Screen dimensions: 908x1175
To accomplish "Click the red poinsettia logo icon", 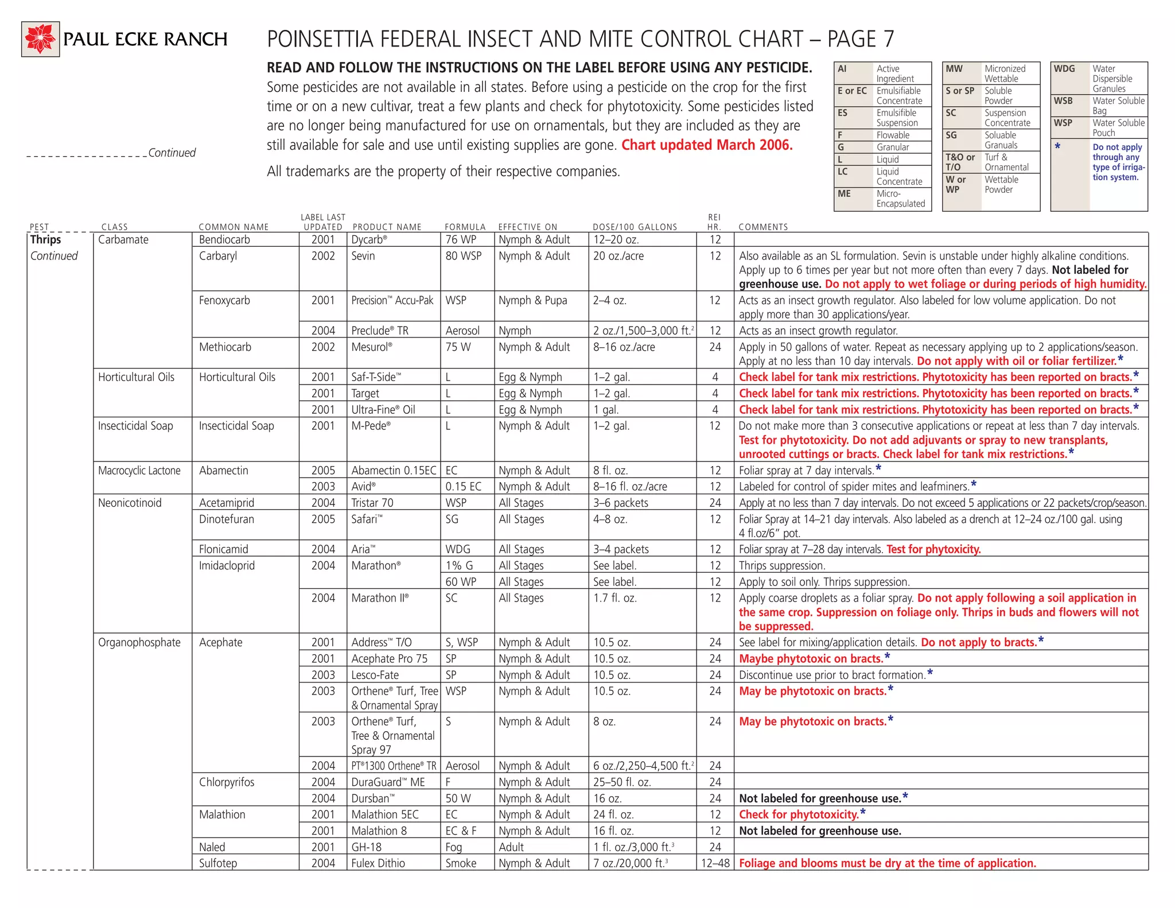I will pos(40,39).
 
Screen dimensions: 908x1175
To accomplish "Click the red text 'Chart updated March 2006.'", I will pos(706,145).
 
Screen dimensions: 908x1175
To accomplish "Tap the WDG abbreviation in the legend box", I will pos(1064,69).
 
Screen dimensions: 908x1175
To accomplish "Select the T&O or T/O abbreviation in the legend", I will pos(960,162).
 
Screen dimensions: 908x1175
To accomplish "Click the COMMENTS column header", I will pos(763,227).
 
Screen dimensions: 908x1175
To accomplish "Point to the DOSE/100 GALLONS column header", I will pos(635,227).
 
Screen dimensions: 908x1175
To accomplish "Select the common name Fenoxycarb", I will pos(224,300).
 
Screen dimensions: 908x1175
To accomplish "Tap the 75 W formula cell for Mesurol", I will pos(458,347).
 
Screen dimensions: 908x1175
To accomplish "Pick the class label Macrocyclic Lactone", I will pos(139,471).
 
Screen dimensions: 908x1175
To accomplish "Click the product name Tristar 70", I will pos(372,503).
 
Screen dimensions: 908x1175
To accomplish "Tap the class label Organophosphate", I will pos(139,643).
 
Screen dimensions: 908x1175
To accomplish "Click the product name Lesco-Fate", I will pos(375,675).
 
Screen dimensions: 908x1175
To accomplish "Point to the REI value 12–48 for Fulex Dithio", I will pos(715,863).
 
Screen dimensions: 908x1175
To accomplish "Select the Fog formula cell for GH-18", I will pos(453,847).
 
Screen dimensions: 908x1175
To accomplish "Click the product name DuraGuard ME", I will pos(388,782).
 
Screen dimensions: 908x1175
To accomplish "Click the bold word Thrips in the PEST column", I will pos(45,240).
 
